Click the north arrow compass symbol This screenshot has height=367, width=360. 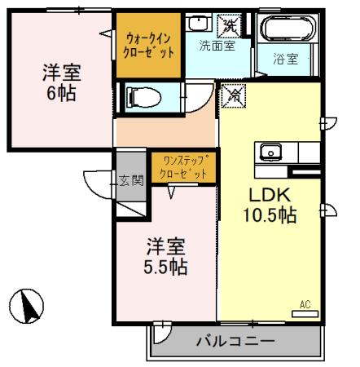(32, 307)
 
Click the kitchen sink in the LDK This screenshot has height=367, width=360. (270, 152)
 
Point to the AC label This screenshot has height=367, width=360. (305, 304)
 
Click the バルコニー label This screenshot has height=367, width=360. (235, 340)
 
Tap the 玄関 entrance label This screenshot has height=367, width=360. (130, 180)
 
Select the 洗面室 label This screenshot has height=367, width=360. (217, 46)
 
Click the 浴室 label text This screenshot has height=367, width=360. (285, 59)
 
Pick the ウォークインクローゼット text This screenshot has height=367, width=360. (150, 45)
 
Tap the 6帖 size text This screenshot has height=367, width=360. (59, 93)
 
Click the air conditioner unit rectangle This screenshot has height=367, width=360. (302, 313)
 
